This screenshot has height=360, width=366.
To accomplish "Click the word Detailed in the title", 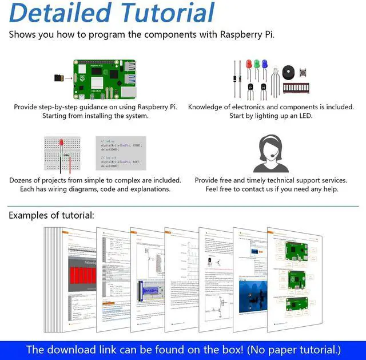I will pyautogui.click(x=60, y=13).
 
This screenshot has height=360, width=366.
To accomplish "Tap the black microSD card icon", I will pyautogui.click(x=59, y=77).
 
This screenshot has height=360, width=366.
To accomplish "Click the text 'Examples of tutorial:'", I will pyautogui.click(x=51, y=216).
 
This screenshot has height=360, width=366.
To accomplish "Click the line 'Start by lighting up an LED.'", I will pyautogui.click(x=270, y=116).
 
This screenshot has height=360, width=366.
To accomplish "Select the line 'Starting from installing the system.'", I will pyautogui.click(x=95, y=116).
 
